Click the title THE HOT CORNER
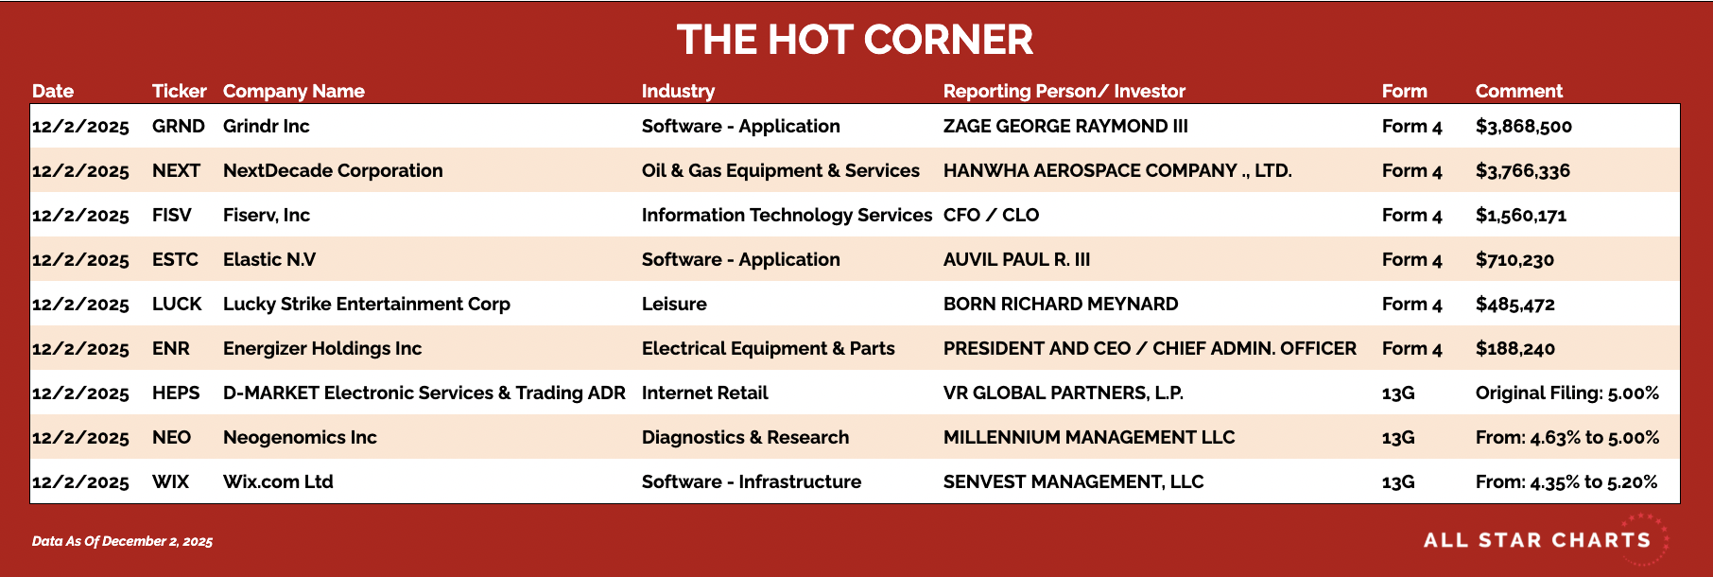(855, 40)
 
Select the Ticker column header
(179, 91)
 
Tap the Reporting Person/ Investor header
(1064, 91)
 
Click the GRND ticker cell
(178, 126)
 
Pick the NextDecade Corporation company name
(333, 170)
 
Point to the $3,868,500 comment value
(1523, 127)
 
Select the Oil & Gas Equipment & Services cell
(780, 170)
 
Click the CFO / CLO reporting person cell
(991, 215)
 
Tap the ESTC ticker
(175, 259)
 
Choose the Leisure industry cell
(674, 304)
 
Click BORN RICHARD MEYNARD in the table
(1061, 304)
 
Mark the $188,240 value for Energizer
(1514, 349)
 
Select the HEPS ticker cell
(176, 393)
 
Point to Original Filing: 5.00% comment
(1566, 393)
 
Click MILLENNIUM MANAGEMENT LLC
(1089, 437)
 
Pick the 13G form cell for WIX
(1398, 481)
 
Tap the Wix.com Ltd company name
(278, 481)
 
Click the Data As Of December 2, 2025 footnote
(122, 541)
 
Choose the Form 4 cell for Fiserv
(1411, 215)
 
